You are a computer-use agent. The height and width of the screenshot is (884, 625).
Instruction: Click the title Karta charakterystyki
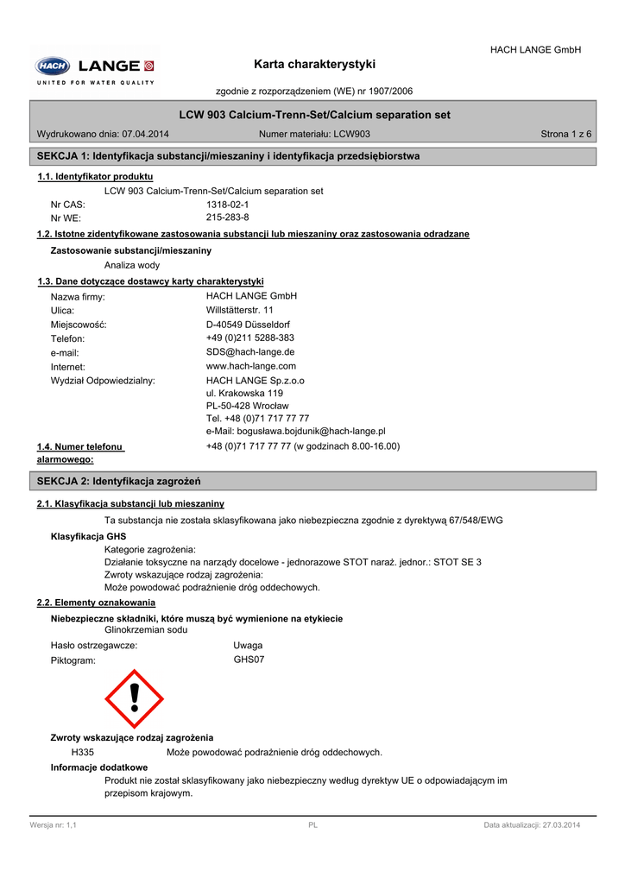click(x=315, y=65)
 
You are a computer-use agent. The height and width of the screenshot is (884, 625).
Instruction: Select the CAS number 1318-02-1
click(x=227, y=205)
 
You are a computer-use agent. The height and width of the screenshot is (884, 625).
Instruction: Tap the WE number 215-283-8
click(x=227, y=218)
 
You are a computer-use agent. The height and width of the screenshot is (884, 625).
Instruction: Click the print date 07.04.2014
click(x=145, y=134)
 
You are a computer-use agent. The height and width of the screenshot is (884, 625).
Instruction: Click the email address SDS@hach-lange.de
click(x=250, y=352)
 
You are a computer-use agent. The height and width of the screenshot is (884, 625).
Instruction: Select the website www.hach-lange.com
click(x=250, y=366)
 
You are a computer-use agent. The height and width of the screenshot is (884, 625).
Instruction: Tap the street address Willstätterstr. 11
click(x=240, y=310)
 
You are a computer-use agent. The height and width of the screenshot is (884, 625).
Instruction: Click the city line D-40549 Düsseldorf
click(x=248, y=325)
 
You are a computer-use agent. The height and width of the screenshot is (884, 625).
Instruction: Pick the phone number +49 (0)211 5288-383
click(x=249, y=338)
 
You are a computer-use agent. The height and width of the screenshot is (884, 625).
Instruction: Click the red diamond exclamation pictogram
click(x=134, y=698)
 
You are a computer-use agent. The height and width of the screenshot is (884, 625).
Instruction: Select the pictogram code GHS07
click(x=249, y=660)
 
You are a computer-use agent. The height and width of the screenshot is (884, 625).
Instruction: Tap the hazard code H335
click(x=83, y=752)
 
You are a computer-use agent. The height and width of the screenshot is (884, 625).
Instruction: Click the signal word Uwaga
click(x=248, y=645)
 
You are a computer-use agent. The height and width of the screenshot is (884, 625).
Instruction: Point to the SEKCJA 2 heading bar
click(x=312, y=480)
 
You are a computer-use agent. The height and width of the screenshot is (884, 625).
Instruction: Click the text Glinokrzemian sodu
click(x=146, y=630)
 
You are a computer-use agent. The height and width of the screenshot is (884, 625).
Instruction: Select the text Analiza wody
click(x=132, y=265)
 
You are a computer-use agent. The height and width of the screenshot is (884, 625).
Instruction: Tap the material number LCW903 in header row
click(x=351, y=134)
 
